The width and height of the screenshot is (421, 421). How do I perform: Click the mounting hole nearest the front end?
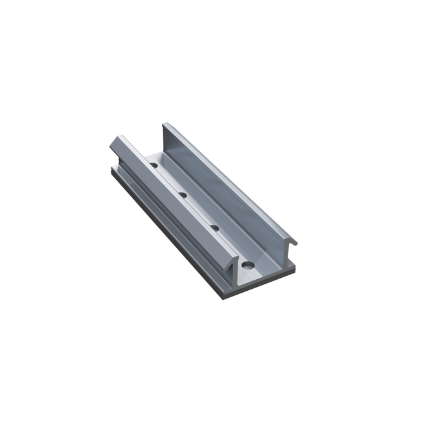[x=246, y=265]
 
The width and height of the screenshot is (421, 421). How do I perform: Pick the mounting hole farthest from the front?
[x=156, y=166]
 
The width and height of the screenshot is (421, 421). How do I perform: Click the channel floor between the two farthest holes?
[x=169, y=179]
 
